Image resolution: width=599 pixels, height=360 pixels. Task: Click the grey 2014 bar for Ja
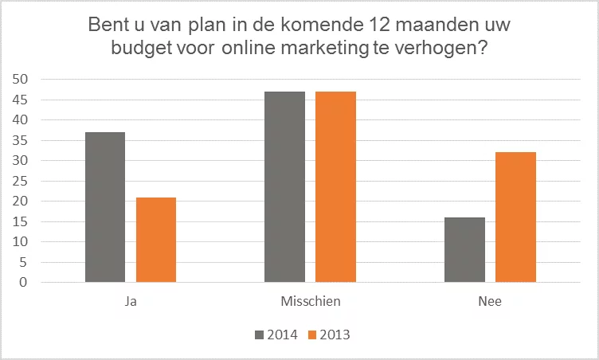click(x=104, y=207)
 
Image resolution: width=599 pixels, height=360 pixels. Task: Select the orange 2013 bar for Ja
click(x=156, y=240)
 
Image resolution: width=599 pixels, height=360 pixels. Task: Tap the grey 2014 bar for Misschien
click(x=284, y=187)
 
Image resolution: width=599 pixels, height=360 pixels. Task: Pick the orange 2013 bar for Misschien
click(x=335, y=187)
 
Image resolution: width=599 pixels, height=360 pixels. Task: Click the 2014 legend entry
click(x=276, y=335)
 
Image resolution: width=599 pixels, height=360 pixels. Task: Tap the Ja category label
click(x=131, y=301)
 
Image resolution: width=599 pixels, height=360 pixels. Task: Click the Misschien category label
click(x=310, y=301)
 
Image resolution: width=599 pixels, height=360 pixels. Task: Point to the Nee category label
click(x=490, y=301)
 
